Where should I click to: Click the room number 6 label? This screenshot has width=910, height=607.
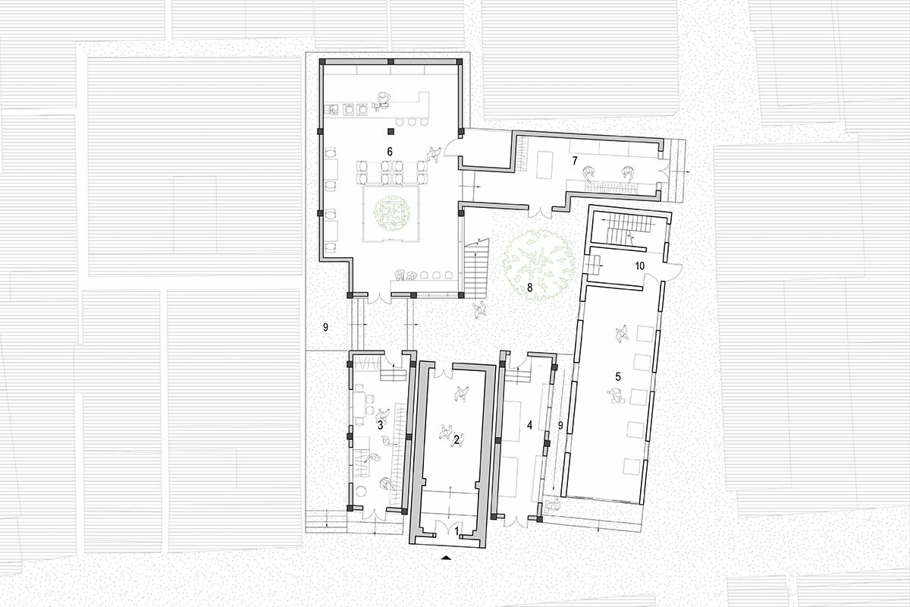[x=390, y=152]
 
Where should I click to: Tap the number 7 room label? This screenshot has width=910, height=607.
[x=575, y=161]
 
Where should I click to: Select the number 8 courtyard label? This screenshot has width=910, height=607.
[x=529, y=288]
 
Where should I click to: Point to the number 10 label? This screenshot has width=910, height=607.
[x=639, y=266]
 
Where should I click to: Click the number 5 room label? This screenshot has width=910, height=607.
[x=618, y=377]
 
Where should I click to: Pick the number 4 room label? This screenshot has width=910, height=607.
[x=529, y=425]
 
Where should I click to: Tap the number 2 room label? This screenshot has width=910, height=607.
[x=457, y=439]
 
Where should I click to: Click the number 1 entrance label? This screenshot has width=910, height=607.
[x=457, y=531]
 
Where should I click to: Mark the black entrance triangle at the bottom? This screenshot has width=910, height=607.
[x=447, y=558]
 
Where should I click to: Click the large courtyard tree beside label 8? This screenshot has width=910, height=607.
[x=539, y=266]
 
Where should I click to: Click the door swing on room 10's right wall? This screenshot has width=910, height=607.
[x=675, y=271]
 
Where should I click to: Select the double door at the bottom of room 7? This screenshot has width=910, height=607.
[x=540, y=212]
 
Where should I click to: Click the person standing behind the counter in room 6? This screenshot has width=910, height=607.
[x=99, y=99]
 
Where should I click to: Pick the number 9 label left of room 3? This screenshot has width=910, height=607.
[x=325, y=327]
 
